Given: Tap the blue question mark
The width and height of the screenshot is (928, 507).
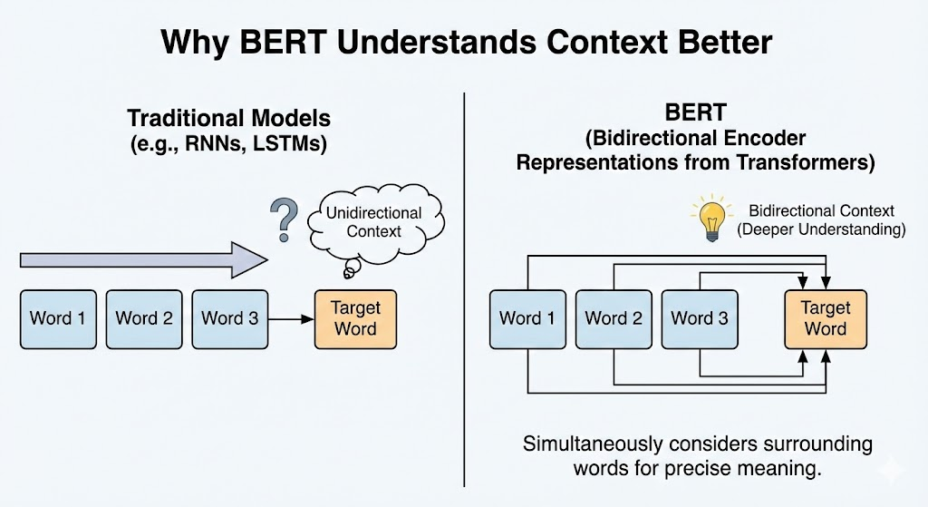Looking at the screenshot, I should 285,219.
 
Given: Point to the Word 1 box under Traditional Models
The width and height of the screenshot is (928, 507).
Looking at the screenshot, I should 57,318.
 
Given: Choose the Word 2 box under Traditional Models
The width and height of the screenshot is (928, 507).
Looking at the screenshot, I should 143,318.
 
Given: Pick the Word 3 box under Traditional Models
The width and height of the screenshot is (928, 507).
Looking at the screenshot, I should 229,318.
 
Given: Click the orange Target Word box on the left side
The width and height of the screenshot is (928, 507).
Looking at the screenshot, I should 355,318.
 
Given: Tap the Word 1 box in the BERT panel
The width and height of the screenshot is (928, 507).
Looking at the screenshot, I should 527,318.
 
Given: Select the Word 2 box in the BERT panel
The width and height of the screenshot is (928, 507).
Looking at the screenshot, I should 614,318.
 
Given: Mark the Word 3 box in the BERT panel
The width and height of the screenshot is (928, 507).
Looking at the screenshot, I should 700,318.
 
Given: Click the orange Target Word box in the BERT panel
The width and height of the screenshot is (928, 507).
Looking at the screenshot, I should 826,318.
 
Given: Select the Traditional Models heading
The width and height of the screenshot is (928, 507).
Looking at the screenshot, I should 228,118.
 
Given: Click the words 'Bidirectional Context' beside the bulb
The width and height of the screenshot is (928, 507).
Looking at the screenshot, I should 820,210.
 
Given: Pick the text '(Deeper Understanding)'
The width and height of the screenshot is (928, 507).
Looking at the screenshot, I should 821,229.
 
